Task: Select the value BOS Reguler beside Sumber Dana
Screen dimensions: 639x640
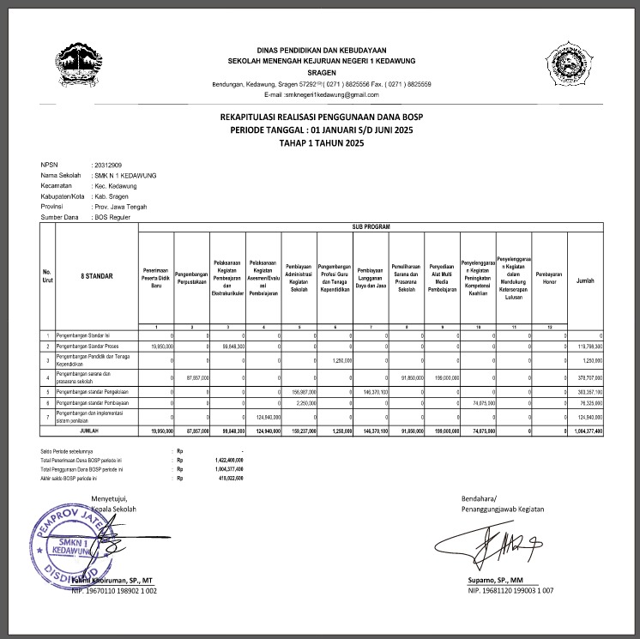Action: click(x=115, y=218)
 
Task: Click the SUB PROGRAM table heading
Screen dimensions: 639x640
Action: click(x=371, y=227)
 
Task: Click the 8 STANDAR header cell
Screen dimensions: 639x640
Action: click(x=96, y=275)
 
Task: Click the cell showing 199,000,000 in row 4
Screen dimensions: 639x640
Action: click(x=443, y=377)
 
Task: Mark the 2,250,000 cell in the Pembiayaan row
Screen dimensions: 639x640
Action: click(x=307, y=403)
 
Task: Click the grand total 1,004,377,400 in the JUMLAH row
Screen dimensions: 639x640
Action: click(x=585, y=431)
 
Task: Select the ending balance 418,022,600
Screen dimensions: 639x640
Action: click(x=227, y=478)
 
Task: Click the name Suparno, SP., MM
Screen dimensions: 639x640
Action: click(x=490, y=581)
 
